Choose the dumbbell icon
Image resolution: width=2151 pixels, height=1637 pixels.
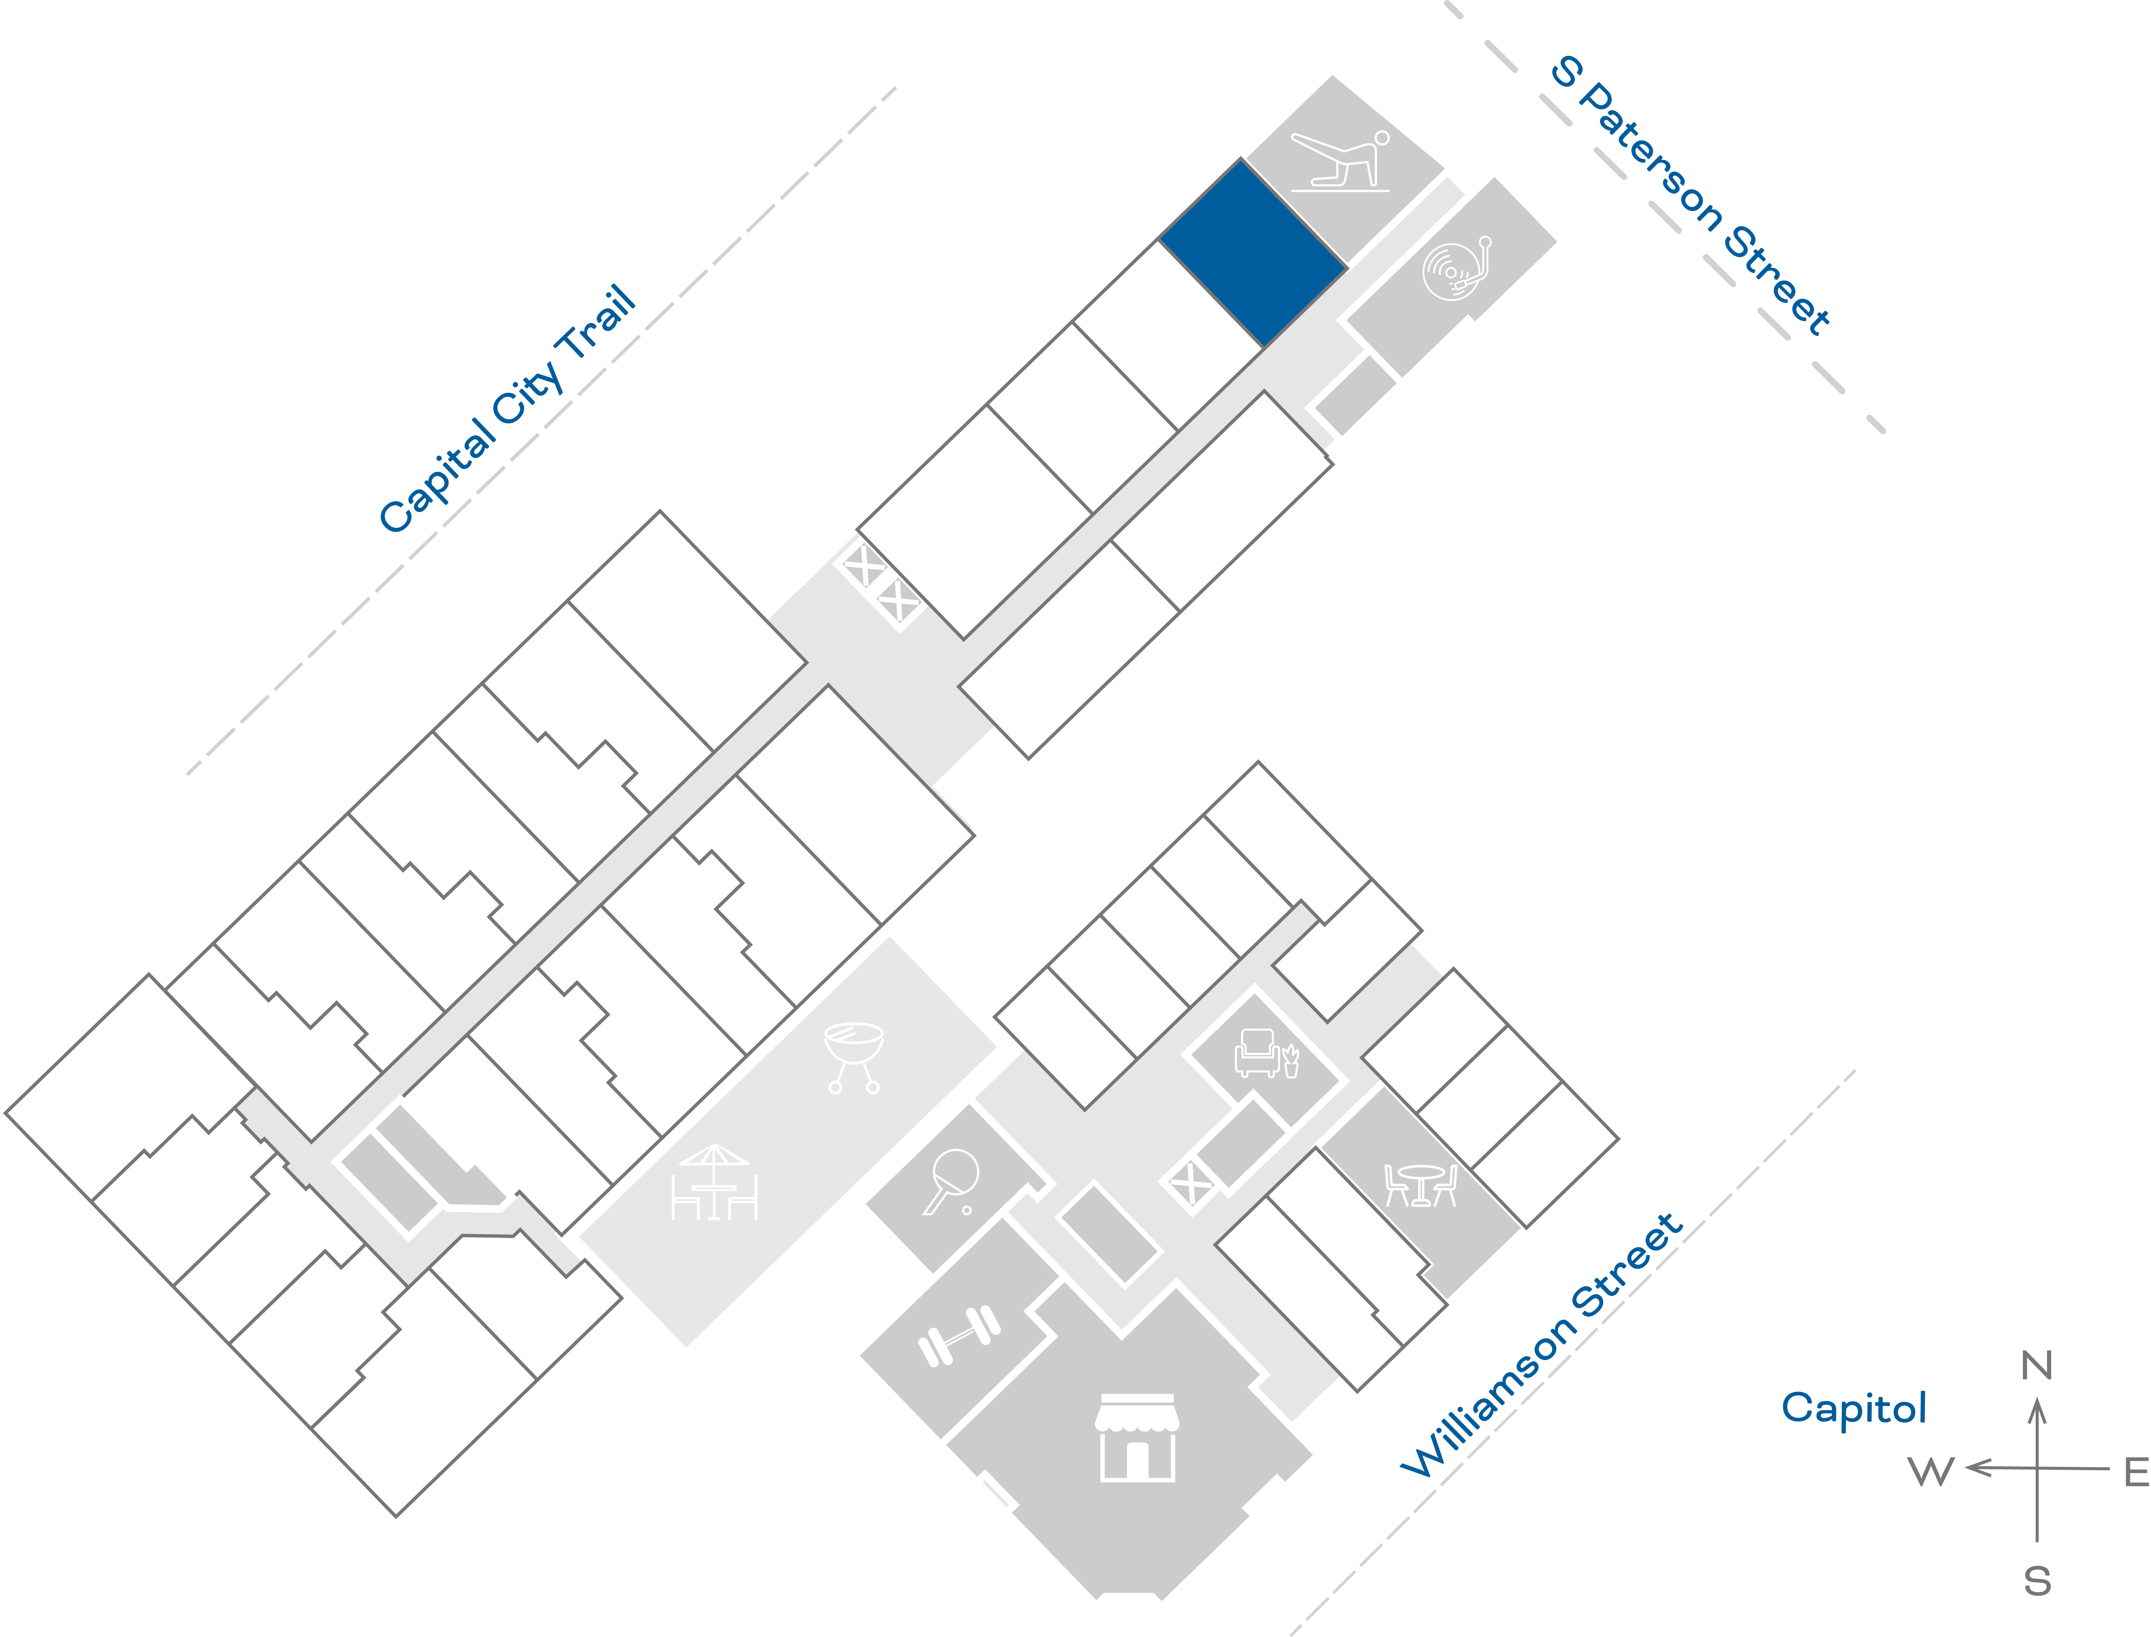959,1335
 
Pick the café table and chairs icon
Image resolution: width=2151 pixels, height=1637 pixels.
1420,1185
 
